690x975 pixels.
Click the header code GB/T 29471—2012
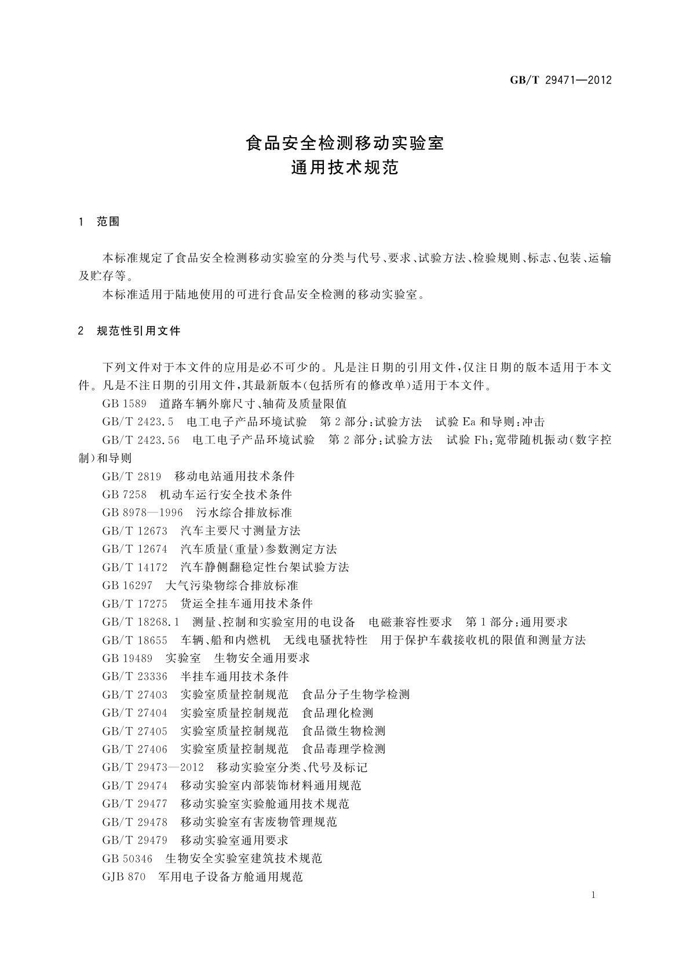(x=560, y=80)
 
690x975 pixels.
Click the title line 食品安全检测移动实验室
(x=345, y=143)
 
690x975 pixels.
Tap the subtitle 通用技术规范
(x=345, y=168)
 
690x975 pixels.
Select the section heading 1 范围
(x=99, y=222)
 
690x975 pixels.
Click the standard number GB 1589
(x=124, y=404)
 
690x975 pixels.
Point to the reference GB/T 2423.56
(x=141, y=440)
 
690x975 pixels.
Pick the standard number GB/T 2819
(x=131, y=476)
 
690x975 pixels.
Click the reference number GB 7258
(x=124, y=494)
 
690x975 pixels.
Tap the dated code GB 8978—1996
(x=143, y=512)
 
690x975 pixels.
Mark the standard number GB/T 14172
(x=134, y=567)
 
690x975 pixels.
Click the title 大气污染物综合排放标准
(x=232, y=585)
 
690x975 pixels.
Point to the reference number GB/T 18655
(x=134, y=640)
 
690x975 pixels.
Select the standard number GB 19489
(x=127, y=658)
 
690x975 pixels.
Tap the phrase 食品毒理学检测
(x=344, y=749)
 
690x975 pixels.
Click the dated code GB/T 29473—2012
(x=153, y=767)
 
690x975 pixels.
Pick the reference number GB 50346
(x=127, y=858)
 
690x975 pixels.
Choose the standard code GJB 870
(x=123, y=877)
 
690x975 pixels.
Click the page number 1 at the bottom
(x=594, y=896)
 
